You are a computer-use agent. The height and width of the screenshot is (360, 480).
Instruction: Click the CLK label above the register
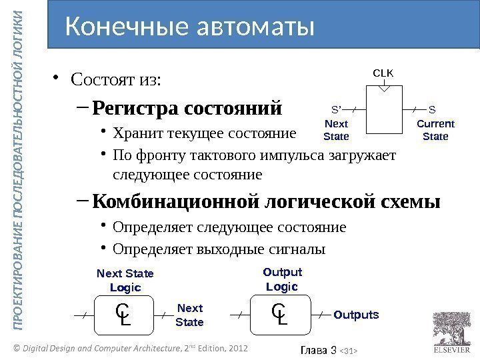click(383, 71)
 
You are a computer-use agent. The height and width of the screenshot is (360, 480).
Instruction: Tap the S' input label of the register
click(336, 108)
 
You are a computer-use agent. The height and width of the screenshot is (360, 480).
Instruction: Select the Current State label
click(435, 130)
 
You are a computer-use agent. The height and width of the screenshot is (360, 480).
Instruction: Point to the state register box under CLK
click(383, 109)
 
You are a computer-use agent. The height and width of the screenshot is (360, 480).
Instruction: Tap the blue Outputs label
click(356, 315)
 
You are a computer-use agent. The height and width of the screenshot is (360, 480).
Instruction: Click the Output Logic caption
click(282, 279)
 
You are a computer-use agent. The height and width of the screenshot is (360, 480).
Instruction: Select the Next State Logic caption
click(125, 281)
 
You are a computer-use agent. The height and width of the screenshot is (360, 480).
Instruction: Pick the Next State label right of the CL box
click(189, 315)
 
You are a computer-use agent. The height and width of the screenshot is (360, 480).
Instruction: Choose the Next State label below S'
click(336, 130)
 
